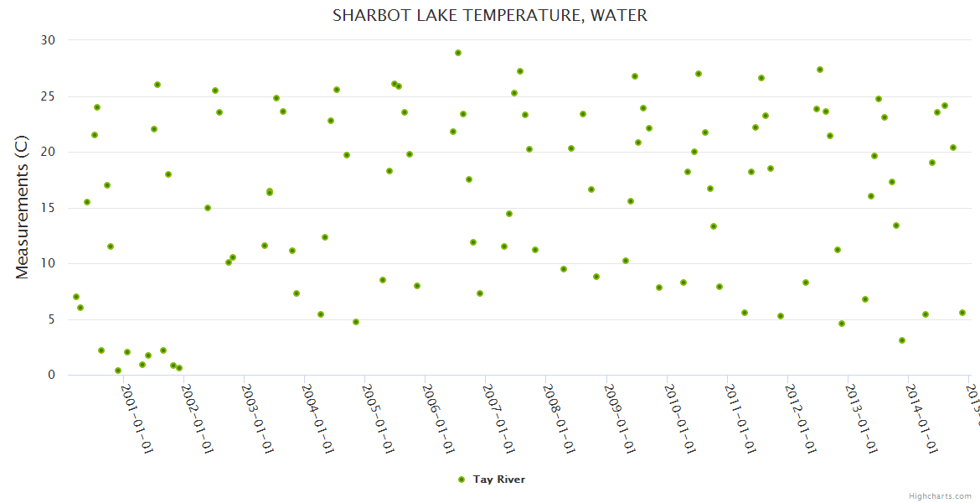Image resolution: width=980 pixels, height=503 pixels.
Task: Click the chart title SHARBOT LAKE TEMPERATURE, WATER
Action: pyautogui.click(x=490, y=15)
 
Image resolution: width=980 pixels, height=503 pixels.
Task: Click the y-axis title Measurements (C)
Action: pyautogui.click(x=23, y=208)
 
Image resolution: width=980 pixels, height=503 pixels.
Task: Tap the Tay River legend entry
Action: pyautogui.click(x=492, y=480)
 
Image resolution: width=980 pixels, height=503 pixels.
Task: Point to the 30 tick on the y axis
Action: pyautogui.click(x=48, y=40)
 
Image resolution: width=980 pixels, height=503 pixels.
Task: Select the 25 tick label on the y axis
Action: pyautogui.click(x=48, y=96)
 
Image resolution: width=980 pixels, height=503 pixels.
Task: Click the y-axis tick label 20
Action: pyautogui.click(x=48, y=152)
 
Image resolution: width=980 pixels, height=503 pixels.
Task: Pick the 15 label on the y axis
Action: pyautogui.click(x=48, y=208)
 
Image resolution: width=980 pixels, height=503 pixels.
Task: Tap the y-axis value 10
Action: pyautogui.click(x=48, y=263)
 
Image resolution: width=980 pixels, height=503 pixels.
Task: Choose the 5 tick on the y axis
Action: pyautogui.click(x=51, y=319)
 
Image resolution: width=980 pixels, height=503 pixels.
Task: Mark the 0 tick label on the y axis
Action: pyautogui.click(x=51, y=375)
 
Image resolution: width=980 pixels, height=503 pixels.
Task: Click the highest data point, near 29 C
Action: pyautogui.click(x=458, y=53)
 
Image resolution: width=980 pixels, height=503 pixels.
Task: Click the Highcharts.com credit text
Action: pyautogui.click(x=941, y=495)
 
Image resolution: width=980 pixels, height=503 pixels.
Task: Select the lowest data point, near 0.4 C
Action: pyautogui.click(x=118, y=371)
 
